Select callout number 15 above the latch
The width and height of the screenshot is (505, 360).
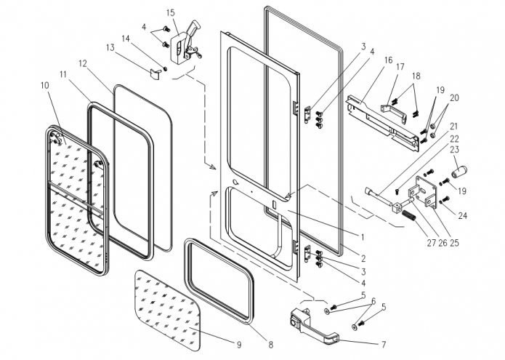(x=171, y=13)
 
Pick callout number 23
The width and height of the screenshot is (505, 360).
(x=456, y=149)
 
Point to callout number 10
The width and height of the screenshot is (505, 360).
(x=46, y=86)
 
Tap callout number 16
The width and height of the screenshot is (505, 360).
(x=388, y=60)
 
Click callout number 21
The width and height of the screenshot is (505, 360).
(x=456, y=125)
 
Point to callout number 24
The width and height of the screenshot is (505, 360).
(x=462, y=215)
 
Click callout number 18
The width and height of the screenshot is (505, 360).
(x=417, y=76)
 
